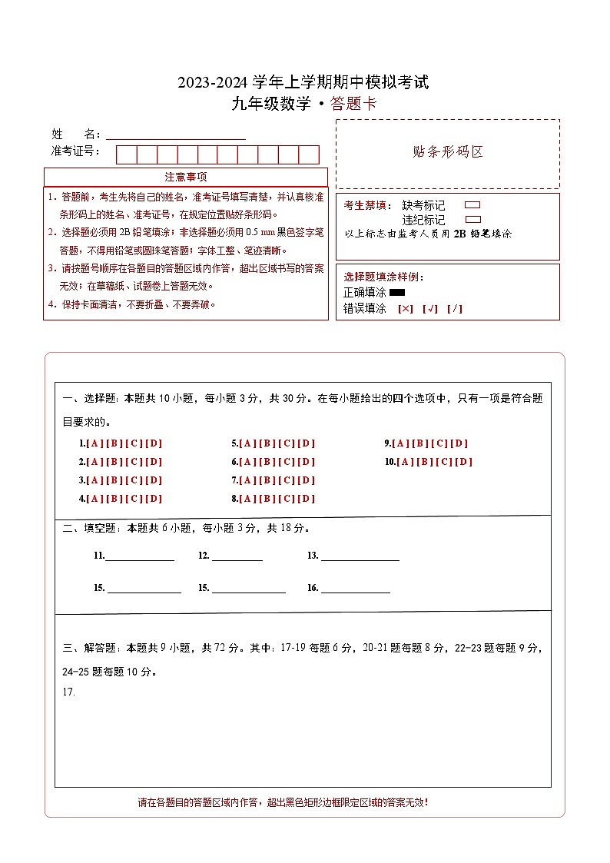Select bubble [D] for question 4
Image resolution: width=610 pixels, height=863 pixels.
pyautogui.click(x=154, y=499)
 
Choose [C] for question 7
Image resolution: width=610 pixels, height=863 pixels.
pyautogui.click(x=287, y=480)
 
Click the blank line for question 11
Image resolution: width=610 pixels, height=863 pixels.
pyautogui.click(x=139, y=556)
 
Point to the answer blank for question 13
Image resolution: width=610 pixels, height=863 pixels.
pyautogui.click(x=360, y=556)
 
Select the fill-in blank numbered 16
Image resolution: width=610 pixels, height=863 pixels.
pyautogui.click(x=355, y=589)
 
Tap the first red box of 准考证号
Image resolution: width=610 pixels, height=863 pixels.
pyautogui.click(x=126, y=154)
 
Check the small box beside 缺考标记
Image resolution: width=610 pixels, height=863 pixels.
pyautogui.click(x=472, y=205)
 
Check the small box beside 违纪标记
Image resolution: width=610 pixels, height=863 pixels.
pyautogui.click(x=472, y=219)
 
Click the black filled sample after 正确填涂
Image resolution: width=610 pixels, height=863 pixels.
pyautogui.click(x=397, y=292)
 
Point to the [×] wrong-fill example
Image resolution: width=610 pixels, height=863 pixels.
pyautogui.click(x=405, y=309)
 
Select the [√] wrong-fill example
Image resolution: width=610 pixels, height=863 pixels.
pyautogui.click(x=429, y=309)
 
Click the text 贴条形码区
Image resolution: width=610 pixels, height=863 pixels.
pyautogui.click(x=448, y=151)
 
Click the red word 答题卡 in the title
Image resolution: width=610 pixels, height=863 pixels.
pyautogui.click(x=353, y=105)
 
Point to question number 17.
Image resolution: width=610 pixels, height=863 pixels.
pyautogui.click(x=68, y=692)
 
